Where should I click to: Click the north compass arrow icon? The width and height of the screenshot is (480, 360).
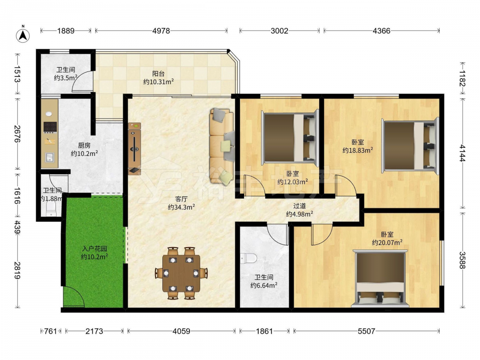point(23,34)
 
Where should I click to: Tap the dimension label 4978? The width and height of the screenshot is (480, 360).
point(161,31)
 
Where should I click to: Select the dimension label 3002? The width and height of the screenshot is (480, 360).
point(279,31)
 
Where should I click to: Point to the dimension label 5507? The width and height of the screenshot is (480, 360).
point(366,331)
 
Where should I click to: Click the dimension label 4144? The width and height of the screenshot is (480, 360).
point(462,153)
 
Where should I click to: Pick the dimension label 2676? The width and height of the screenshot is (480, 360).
point(17,134)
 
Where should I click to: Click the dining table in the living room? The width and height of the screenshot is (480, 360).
point(181,273)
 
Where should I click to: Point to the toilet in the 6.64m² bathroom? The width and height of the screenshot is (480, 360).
point(248,259)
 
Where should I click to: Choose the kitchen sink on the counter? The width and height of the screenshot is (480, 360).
point(50,157)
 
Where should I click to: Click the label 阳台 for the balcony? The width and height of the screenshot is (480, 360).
point(158,73)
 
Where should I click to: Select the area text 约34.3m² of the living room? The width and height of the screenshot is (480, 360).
point(181,207)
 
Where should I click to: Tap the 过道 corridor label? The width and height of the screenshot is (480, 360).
point(300,206)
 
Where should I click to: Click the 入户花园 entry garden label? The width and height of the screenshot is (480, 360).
point(94,249)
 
